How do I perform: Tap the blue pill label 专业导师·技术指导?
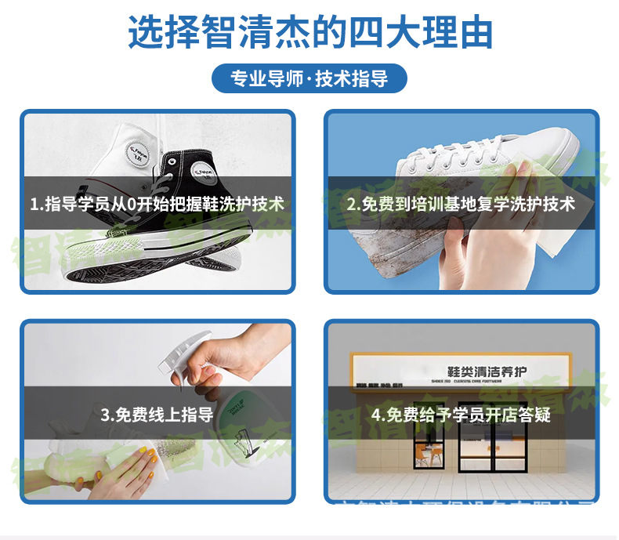(309, 79)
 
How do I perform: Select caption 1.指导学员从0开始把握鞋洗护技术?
(157, 204)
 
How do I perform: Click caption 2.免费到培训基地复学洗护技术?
(461, 204)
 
